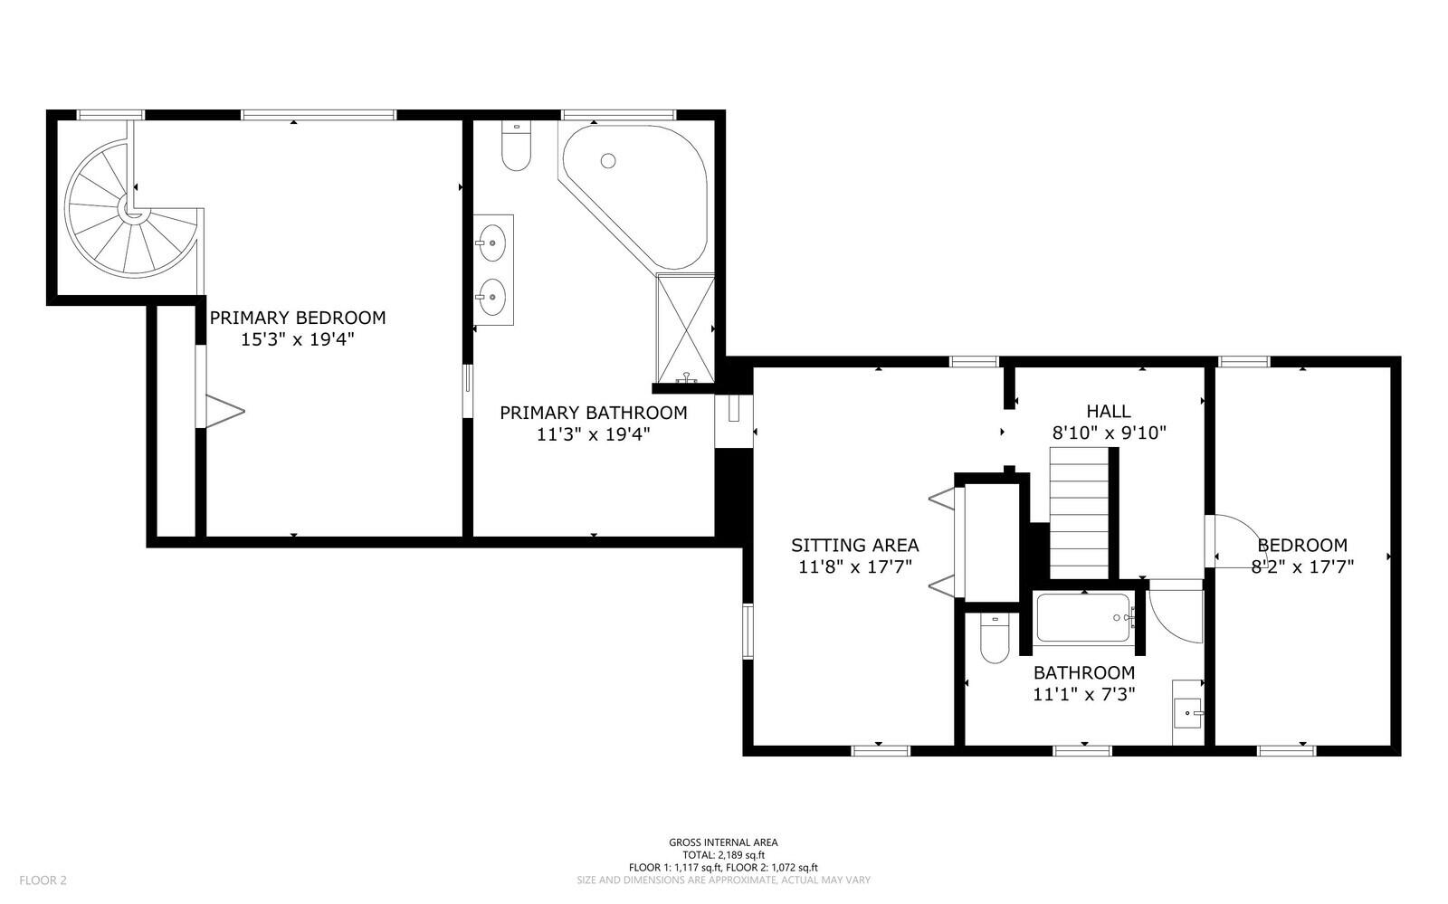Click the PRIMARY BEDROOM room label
297,318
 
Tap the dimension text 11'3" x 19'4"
593,434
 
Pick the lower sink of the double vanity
492,293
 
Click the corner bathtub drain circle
608,160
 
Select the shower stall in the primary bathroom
684,328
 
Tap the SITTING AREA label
854,545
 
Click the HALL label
1108,411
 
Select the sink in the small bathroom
1187,713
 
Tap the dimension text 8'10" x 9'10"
1108,433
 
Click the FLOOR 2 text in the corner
43,880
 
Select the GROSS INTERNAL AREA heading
723,842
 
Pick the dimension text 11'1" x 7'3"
1083,695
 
